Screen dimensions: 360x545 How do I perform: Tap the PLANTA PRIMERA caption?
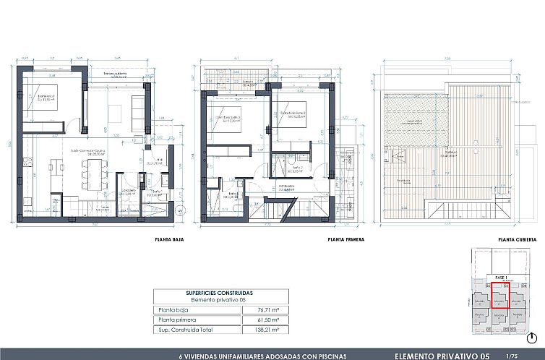346,239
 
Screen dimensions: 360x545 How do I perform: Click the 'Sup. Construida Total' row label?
186,329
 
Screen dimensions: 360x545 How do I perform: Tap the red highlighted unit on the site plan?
500,297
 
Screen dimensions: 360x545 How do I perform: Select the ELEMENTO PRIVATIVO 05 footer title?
446,356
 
